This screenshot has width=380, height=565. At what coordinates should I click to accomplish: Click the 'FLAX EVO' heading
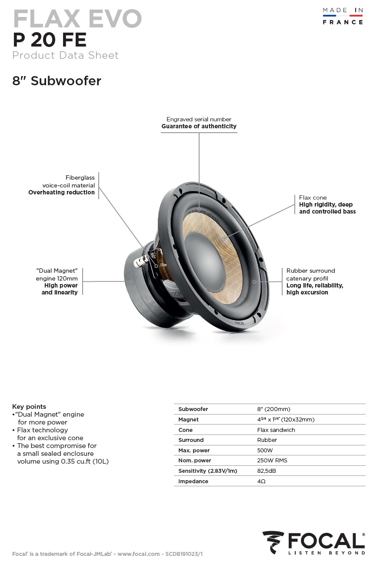coord(77,19)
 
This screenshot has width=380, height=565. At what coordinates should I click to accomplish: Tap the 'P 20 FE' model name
coord(50,40)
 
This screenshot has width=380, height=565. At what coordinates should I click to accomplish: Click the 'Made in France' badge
coord(343,16)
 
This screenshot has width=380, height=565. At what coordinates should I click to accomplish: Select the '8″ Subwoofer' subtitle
coord(57,81)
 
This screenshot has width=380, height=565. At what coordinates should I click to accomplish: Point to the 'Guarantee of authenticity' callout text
coord(199,126)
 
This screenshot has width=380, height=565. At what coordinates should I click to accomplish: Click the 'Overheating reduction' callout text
coord(61,192)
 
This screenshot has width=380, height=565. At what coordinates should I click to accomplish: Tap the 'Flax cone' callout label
coord(313,197)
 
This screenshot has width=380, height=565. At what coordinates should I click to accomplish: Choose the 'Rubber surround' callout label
coord(311,271)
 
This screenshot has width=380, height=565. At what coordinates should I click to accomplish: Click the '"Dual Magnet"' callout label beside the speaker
coord(57,271)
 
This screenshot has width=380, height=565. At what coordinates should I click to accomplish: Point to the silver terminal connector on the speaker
coord(140,261)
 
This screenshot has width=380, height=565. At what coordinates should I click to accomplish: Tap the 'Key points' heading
coord(29,407)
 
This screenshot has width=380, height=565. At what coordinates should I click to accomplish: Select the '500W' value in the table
coord(265,450)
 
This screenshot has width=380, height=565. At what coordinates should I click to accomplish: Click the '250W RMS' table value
coord(272,460)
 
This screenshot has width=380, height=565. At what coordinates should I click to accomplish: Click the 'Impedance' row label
coord(193,481)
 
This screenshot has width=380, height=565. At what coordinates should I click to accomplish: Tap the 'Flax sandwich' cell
coord(276,430)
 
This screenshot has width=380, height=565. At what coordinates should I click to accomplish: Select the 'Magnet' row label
coord(188,419)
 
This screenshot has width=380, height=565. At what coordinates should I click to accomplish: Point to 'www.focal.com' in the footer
coord(139,554)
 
